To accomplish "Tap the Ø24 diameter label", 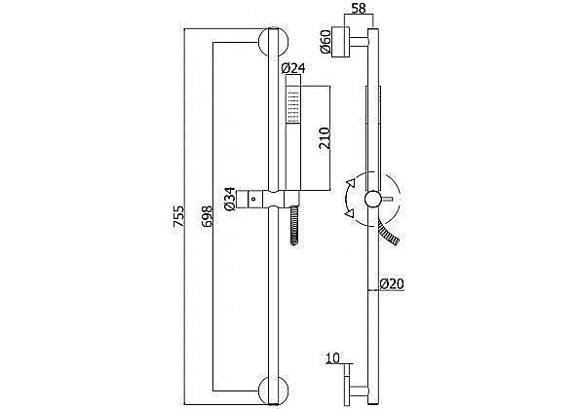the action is (x=293, y=68).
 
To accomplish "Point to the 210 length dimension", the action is (x=325, y=138).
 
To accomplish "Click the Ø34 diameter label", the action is (x=230, y=199).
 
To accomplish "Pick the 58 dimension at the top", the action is (x=359, y=9).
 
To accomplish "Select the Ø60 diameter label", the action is (x=326, y=42).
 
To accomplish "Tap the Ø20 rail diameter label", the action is (x=392, y=283).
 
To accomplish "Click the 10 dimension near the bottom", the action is (x=332, y=358).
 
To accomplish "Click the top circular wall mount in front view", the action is (x=274, y=42).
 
